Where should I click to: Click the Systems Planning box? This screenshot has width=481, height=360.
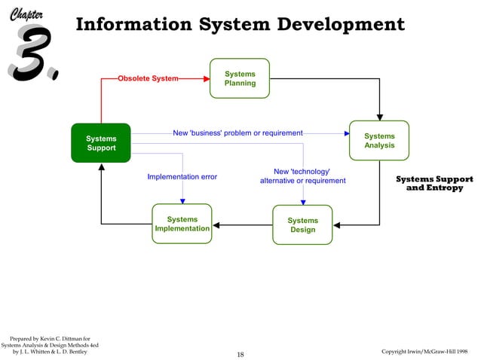pos(240,78)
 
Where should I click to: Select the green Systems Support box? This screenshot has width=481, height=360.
pos(101,143)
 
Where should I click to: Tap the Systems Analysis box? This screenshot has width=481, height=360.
pos(379,141)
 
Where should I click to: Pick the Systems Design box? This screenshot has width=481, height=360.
pos(302,224)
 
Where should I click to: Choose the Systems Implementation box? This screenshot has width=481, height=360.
pos(182,224)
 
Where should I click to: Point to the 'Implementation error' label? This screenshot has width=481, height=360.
pos(182,177)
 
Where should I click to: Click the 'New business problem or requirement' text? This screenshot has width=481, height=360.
pos(237,133)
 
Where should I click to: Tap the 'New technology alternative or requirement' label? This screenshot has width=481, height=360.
pos(302,176)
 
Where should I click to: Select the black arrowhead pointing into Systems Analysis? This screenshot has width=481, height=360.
pos(379,116)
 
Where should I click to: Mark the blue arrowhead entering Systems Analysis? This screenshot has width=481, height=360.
pos(346,133)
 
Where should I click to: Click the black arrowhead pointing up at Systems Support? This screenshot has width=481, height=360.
pos(101,167)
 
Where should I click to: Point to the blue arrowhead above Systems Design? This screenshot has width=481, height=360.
pos(302,201)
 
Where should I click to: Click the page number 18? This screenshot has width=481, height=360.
pos(240,354)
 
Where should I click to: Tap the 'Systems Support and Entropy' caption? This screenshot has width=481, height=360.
pos(434,184)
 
